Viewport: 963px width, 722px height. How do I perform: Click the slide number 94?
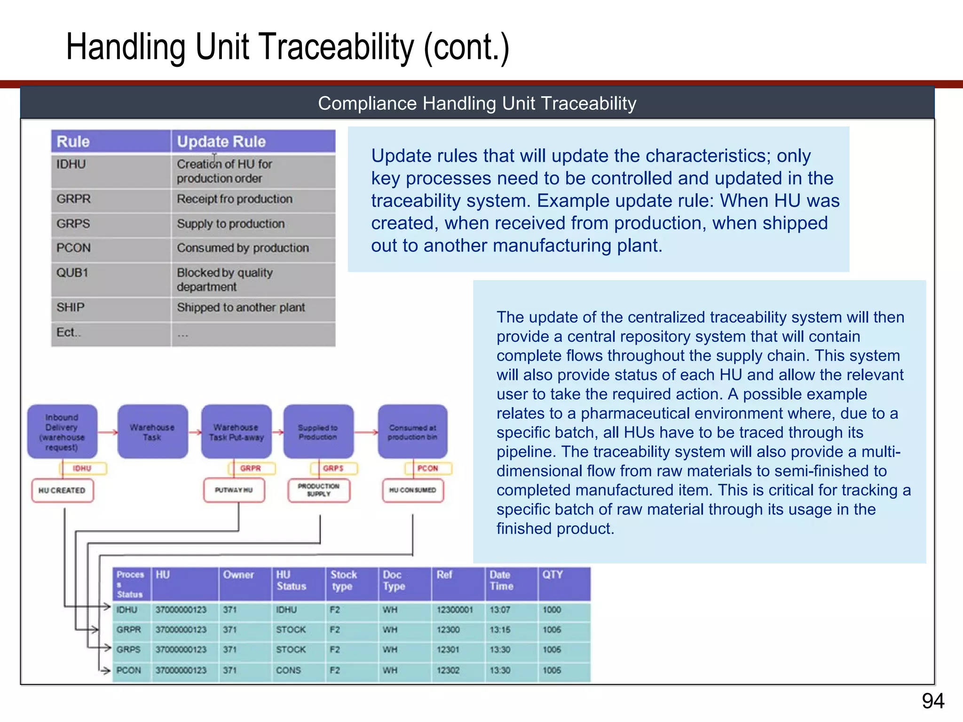[x=932, y=701]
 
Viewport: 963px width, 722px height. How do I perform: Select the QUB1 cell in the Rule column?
[x=73, y=273]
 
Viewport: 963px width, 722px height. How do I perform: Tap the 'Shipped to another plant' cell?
[x=241, y=308]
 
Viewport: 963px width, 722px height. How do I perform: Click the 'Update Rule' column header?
[x=221, y=141]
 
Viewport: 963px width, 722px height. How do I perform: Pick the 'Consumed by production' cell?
[x=243, y=248]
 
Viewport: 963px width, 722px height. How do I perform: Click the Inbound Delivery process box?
[x=62, y=432]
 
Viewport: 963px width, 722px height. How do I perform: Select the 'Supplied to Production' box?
[x=318, y=432]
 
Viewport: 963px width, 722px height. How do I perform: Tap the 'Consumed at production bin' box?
[x=412, y=432]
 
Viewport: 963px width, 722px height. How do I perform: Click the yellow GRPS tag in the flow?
[x=333, y=468]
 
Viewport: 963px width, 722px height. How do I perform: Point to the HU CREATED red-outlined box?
[x=62, y=490]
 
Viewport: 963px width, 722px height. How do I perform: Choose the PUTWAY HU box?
[x=234, y=490]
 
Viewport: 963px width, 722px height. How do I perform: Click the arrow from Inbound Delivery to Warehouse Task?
[x=108, y=432]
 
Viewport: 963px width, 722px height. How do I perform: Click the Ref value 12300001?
[x=454, y=610]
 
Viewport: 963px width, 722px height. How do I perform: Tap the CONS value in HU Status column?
[x=288, y=670]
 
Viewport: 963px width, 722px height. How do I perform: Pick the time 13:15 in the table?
[x=499, y=629]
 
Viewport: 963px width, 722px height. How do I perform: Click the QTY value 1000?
[x=552, y=610]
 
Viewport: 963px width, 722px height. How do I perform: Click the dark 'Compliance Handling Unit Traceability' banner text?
[x=477, y=103]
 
